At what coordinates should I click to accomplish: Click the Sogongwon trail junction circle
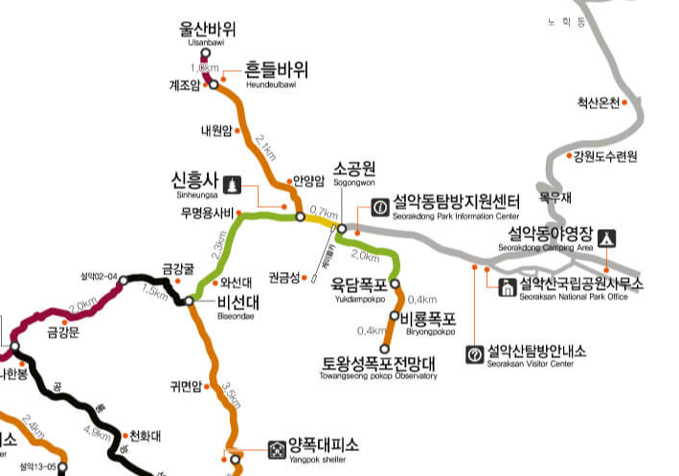(x=341, y=228)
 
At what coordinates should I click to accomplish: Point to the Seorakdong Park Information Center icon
(x=380, y=205)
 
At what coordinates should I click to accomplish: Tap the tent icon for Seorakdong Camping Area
(x=606, y=237)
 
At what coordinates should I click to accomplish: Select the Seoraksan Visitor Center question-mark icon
(x=474, y=354)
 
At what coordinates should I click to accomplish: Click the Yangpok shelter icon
(x=277, y=445)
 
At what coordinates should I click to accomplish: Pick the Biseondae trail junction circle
(x=190, y=301)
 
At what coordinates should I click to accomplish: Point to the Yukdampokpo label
(x=359, y=284)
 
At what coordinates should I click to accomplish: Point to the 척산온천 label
(x=598, y=102)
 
